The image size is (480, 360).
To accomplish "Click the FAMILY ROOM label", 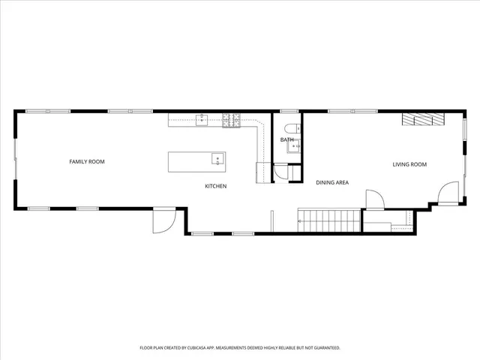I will point(87,162).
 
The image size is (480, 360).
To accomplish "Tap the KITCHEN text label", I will point(216,186).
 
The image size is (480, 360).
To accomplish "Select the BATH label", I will point(287,140).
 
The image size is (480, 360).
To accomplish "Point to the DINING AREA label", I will point(331,182).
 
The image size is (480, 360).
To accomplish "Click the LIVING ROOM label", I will point(409,164).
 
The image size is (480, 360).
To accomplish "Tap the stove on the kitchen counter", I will point(231,119).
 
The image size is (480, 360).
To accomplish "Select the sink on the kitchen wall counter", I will point(202,118).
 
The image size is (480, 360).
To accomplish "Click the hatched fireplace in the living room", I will point(422,119).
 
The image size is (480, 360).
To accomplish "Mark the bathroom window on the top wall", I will point(289,111).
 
